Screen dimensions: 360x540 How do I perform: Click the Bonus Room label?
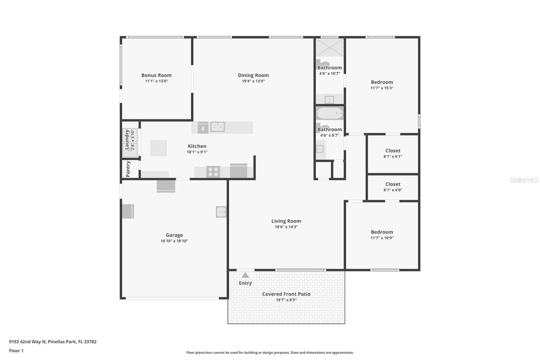point(156,75)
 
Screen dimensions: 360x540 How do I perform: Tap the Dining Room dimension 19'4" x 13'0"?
point(253,81)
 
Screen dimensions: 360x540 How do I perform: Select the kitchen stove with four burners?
point(213,172)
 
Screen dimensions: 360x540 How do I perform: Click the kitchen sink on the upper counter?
point(218,127)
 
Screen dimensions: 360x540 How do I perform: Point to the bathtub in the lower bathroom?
point(329,113)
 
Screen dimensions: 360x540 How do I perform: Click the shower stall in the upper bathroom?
point(329,47)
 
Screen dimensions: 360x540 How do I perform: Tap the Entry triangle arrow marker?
point(245,275)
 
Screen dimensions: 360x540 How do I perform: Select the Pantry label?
point(128,169)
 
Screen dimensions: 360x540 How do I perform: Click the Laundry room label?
point(127,139)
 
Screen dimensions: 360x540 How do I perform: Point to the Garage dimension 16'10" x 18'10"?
point(174,241)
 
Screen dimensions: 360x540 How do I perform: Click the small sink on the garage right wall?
point(221,212)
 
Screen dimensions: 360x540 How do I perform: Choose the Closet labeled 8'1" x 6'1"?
point(393,151)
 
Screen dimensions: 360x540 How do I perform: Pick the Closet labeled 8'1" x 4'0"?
point(393,184)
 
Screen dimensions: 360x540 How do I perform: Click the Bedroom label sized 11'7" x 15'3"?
point(382,82)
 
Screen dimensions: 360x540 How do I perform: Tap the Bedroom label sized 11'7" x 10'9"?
point(382,232)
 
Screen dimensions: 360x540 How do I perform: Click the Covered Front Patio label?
point(286,294)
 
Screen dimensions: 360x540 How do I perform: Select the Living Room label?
point(286,221)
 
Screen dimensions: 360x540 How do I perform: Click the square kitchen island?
point(159,148)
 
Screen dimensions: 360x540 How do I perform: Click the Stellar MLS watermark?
point(524,180)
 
